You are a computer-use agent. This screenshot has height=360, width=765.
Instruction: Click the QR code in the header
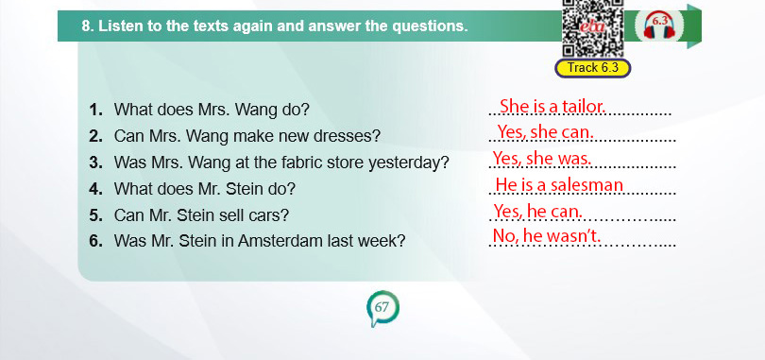[x=593, y=28]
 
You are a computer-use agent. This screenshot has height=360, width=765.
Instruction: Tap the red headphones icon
[x=659, y=26]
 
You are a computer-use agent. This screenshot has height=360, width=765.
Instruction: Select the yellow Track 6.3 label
[x=593, y=68]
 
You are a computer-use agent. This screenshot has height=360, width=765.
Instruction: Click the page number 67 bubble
[x=382, y=308]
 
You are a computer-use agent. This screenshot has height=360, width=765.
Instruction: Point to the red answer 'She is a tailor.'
[x=552, y=106]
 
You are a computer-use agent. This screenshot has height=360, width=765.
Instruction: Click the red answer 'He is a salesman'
[x=559, y=185]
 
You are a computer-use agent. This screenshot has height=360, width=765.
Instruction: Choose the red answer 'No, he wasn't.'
[x=547, y=235]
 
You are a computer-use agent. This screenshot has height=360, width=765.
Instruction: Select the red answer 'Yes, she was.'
[x=542, y=158]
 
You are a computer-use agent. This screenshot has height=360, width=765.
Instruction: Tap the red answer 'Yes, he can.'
[x=538, y=212]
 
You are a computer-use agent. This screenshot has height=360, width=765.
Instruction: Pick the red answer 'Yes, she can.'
[x=546, y=131]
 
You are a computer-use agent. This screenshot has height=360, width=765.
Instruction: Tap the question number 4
[x=95, y=189]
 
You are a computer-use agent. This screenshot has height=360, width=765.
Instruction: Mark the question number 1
[x=95, y=110]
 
